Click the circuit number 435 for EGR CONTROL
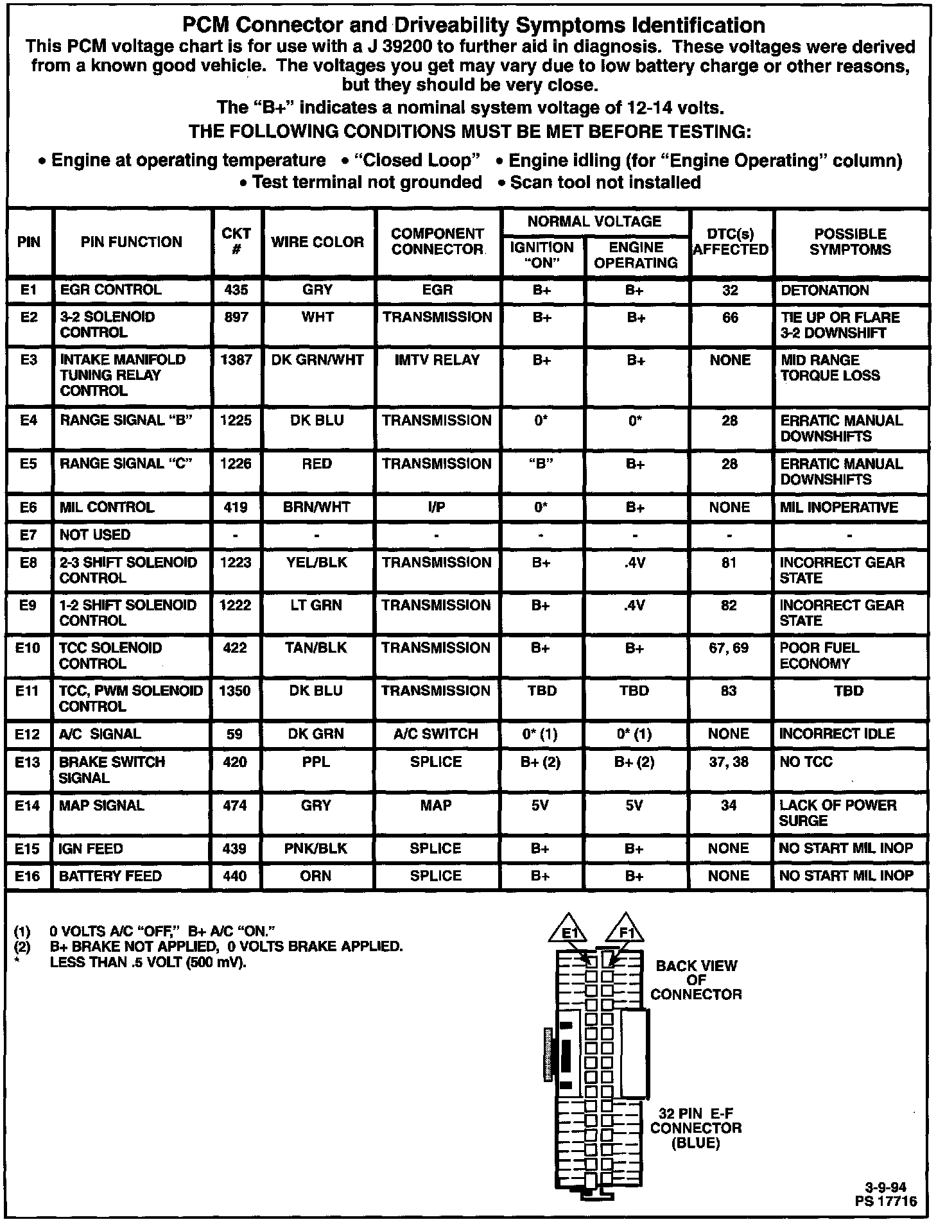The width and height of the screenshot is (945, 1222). [x=236, y=290]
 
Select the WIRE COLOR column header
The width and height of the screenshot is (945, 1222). [x=318, y=242]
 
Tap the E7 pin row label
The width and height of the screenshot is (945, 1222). [x=29, y=535]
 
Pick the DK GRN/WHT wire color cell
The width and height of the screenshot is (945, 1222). [x=318, y=360]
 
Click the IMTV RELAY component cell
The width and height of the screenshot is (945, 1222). [x=437, y=360]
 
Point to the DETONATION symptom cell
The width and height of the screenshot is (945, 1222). [x=825, y=290]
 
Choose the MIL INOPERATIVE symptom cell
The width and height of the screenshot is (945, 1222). [x=838, y=507]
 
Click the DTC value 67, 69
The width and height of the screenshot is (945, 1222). [x=729, y=648]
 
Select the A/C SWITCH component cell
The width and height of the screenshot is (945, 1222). [x=436, y=734]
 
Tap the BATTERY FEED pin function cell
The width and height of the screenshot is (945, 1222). [x=110, y=876]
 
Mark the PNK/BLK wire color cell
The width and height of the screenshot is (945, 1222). [x=316, y=848]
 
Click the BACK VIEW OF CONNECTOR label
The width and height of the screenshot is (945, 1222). [x=696, y=980]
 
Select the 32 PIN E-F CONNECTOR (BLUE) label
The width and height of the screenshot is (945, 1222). [x=696, y=1128]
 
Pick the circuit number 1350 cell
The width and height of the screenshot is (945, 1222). [x=235, y=691]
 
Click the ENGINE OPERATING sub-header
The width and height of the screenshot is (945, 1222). [x=636, y=255]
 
